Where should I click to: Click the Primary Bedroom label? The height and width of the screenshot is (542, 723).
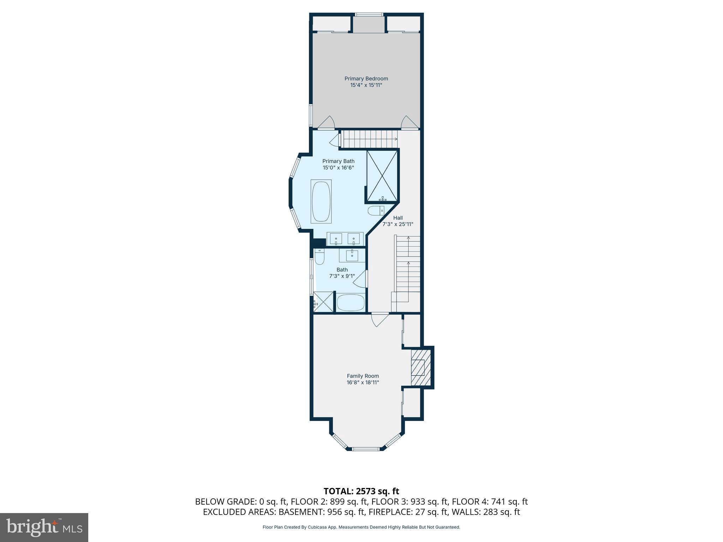tap(366, 78)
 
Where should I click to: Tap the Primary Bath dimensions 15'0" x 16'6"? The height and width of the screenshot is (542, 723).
tap(338, 168)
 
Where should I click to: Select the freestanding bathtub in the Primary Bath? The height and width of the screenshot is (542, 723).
tap(321, 201)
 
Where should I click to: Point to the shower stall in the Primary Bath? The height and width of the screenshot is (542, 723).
tap(382, 176)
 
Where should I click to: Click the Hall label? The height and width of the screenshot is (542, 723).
tap(398, 218)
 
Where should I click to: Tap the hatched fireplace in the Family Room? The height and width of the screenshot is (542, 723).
tap(420, 368)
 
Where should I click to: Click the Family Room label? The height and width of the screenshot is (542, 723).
tap(363, 376)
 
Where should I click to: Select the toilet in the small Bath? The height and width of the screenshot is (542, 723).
tap(319, 257)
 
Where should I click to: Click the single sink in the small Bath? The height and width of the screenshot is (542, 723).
tap(352, 255)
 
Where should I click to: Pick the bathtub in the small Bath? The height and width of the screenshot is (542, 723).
tap(351, 302)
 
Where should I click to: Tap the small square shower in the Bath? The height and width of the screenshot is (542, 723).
tap(323, 302)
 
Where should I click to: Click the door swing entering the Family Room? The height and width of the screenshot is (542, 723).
tap(379, 319)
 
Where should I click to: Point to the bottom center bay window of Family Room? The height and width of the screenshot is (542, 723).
tap(366, 449)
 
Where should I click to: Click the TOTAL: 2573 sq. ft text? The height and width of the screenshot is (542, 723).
tap(361, 491)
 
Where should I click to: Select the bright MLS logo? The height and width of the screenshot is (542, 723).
tap(44, 527)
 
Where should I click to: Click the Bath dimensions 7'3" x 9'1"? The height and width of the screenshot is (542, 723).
tap(342, 276)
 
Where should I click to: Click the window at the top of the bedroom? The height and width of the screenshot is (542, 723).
tap(369, 14)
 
